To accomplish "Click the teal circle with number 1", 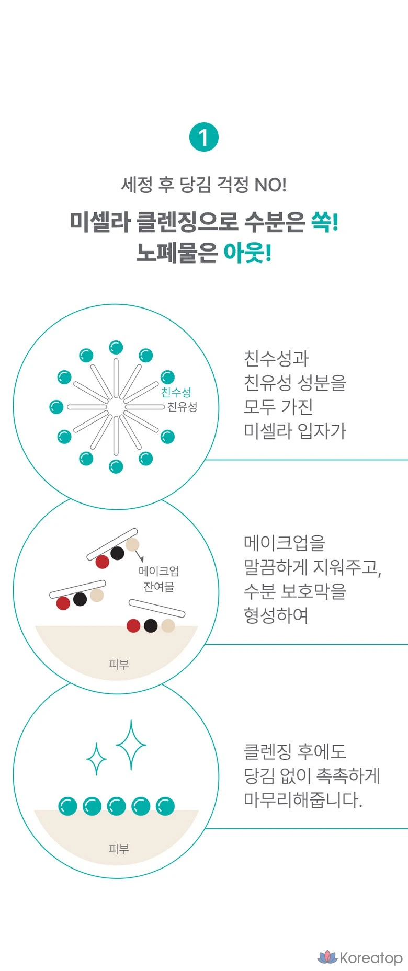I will point(203,138).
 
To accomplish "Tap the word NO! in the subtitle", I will point(270,185).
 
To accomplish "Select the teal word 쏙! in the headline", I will point(325,222).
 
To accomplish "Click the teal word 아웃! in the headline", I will point(247,253).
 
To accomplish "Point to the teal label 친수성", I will point(176,392).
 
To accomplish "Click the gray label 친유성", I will point(182,406).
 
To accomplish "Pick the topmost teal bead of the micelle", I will point(116,347).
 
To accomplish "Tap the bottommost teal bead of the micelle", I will point(116,466).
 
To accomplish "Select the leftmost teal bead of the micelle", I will point(56,407).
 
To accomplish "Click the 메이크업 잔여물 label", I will point(159,579).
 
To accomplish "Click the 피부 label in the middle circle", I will point(119,665).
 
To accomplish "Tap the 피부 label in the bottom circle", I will point(119,849).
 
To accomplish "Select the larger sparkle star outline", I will point(131,745).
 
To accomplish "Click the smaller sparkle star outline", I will point(96,759).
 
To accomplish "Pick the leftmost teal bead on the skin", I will point(67,806).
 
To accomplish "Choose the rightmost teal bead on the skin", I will point(165,806).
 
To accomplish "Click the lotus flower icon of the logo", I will point(327,957).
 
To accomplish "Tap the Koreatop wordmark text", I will point(371,958).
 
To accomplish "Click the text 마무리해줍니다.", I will point(303,799).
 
